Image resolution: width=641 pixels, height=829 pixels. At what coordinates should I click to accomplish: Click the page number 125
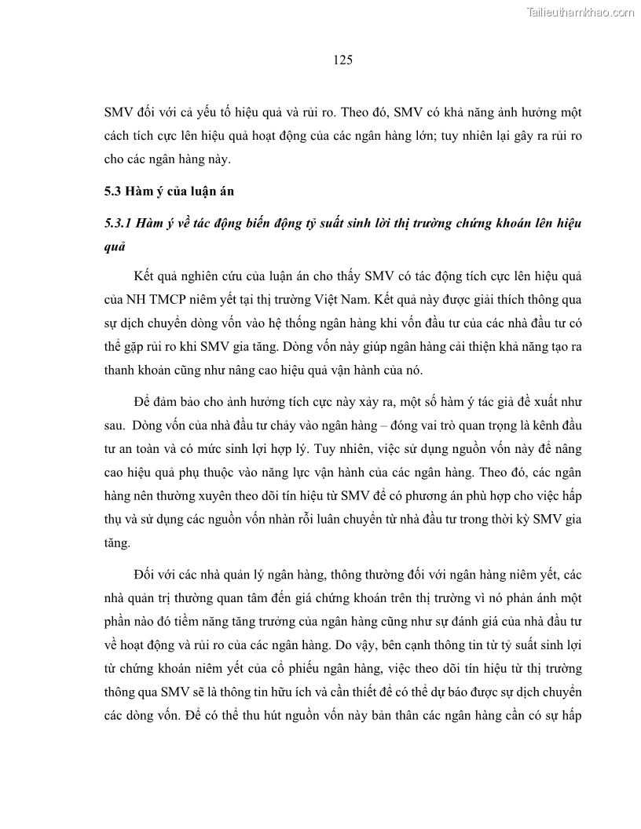pos(342,60)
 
